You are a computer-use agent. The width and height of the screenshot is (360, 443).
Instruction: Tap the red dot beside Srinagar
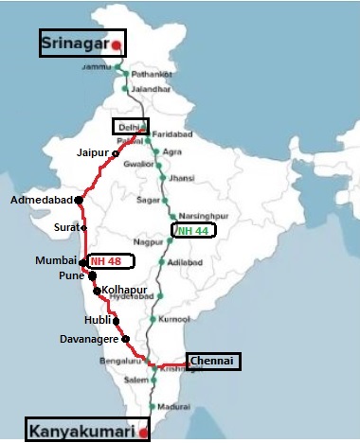[x=117, y=44]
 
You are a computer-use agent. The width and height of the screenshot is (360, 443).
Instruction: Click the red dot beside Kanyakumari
[x=143, y=433]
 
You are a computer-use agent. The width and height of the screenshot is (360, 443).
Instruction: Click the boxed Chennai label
[x=213, y=361]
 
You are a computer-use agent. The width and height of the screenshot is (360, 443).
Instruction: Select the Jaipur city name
[x=93, y=151]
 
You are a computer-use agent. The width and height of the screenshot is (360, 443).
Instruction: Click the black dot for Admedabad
[x=79, y=201]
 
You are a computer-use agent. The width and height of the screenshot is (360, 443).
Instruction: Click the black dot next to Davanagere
[x=125, y=338]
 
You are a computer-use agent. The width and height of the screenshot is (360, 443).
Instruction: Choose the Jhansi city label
[x=197, y=176]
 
